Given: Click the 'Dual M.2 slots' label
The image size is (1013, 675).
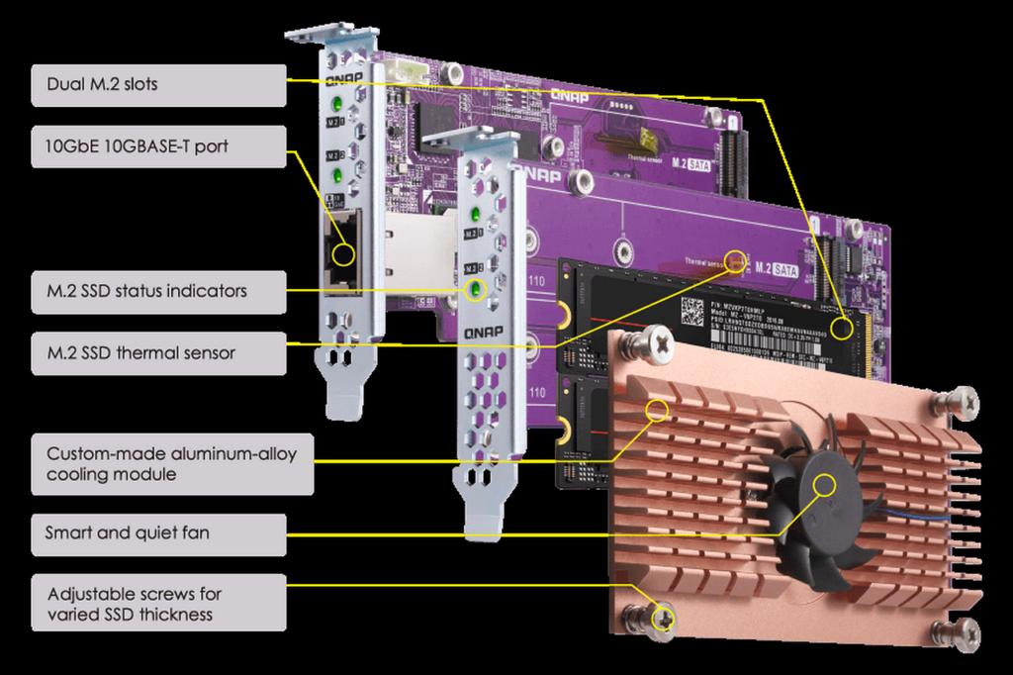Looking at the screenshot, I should click(158, 85).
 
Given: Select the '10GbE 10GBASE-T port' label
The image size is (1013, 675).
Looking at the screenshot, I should click(158, 146).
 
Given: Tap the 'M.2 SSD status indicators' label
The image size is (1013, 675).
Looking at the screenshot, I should click(158, 292).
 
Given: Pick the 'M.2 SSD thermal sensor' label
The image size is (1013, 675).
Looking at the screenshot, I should click(158, 352).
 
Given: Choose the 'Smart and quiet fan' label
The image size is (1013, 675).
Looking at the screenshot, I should click(158, 533).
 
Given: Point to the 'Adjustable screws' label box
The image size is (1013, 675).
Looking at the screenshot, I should click(158, 604).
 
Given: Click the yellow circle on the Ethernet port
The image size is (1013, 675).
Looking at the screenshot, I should click(343, 254).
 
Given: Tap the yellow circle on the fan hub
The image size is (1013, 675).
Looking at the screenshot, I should click(824, 485).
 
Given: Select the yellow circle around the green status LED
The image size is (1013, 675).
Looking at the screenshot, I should click(477, 289).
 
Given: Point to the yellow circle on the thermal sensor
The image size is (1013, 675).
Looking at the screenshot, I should click(735, 261).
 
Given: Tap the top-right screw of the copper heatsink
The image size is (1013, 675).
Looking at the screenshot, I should click(959, 401).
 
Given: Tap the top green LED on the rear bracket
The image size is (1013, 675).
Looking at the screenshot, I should click(337, 103).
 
